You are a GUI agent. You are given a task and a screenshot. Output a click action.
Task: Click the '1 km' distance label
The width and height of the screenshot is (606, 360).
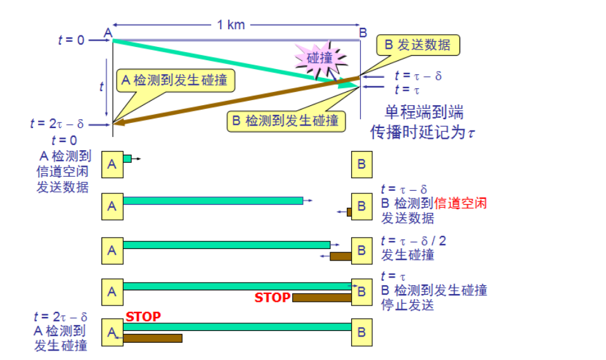[x=231, y=25]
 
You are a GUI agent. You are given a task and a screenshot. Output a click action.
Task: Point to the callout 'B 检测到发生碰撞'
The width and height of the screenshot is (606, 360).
[x=285, y=120]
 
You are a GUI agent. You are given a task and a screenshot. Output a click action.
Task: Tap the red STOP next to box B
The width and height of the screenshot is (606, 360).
[x=273, y=297]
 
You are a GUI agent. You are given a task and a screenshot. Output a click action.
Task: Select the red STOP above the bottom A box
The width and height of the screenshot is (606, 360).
[x=143, y=316]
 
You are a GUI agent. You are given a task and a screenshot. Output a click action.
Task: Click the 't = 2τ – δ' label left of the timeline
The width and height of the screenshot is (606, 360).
[x=57, y=124]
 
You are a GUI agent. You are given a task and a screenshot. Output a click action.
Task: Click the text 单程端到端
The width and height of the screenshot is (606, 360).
[x=424, y=113]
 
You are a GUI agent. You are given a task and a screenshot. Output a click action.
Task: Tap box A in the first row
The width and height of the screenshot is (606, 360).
[x=112, y=164]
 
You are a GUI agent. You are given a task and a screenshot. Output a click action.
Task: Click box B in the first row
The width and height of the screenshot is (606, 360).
[x=361, y=164]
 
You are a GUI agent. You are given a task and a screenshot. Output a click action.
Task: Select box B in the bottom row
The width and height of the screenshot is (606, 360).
[x=361, y=330]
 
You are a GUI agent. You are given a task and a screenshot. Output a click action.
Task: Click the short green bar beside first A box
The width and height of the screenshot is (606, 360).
[x=127, y=158]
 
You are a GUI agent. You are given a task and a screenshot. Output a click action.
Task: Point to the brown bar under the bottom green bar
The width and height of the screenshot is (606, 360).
[x=152, y=338]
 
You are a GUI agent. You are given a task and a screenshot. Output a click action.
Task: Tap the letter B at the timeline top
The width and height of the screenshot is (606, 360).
[x=363, y=32]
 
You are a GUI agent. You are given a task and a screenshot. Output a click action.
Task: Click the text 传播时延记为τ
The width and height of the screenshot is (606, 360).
[x=423, y=133]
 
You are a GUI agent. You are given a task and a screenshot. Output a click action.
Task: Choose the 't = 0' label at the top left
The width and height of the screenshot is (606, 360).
[x=71, y=40]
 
